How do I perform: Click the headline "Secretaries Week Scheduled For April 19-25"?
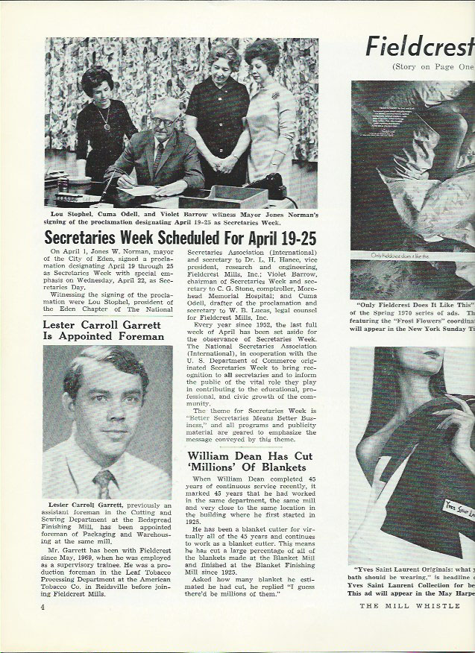180,239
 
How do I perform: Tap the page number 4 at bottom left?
45,608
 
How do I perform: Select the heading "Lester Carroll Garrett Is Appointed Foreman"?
103,330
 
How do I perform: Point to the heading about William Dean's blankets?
247,461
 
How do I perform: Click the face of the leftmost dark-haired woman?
98,83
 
